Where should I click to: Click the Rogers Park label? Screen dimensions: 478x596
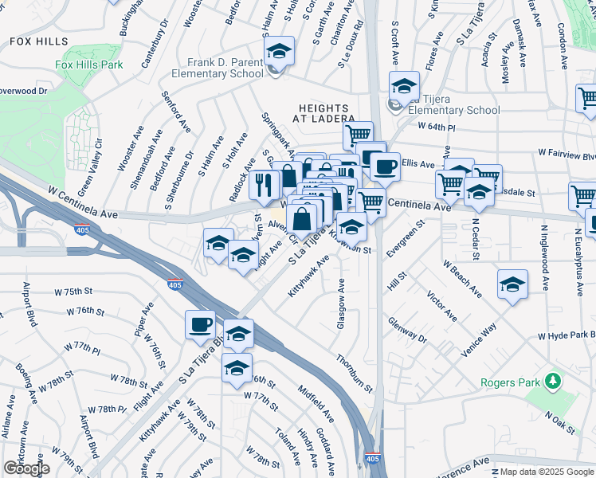pos(512,382)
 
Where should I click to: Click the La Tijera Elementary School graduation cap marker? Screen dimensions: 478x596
pos(404,87)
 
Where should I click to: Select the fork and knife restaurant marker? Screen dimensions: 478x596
pos(265,186)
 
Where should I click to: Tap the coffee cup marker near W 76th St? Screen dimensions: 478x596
pos(200,324)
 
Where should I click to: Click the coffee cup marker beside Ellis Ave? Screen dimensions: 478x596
pos(385,167)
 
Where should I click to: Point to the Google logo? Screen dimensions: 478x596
pos(26,468)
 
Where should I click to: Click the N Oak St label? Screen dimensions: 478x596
pos(560,422)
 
